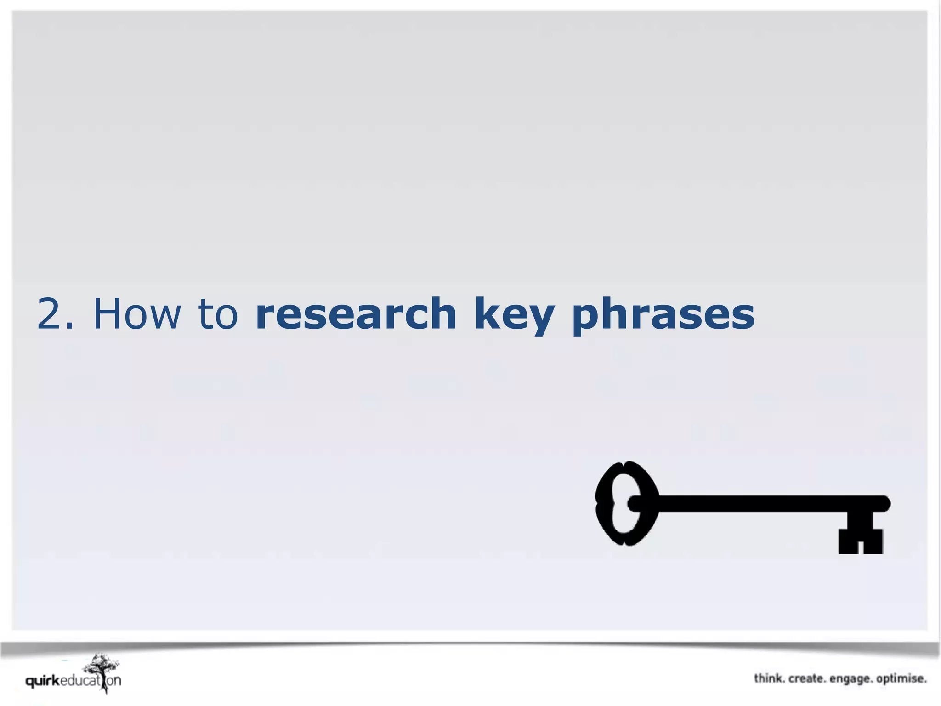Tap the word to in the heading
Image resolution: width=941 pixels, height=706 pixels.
point(218,314)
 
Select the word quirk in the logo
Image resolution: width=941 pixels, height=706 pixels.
point(42,681)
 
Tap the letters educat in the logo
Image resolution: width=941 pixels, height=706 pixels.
point(80,680)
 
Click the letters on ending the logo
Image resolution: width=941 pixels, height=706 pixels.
point(114,681)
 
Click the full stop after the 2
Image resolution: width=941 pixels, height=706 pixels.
point(70,327)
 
